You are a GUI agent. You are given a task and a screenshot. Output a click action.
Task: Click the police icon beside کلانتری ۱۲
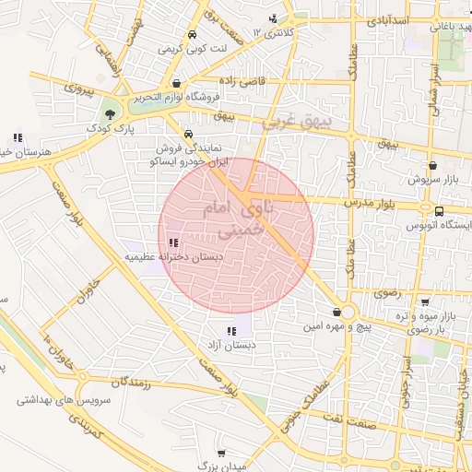(x=272, y=18)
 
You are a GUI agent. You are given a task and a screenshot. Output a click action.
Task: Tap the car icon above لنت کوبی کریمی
(x=191, y=36)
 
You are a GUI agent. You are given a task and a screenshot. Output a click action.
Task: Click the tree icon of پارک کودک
(x=112, y=114)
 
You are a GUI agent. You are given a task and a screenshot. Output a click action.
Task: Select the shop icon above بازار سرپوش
(x=432, y=166)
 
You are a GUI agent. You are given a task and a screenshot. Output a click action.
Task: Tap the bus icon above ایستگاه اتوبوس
(x=439, y=211)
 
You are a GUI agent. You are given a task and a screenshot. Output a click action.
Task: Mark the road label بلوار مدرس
(x=375, y=200)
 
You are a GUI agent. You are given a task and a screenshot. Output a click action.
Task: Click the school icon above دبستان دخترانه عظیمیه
(x=173, y=242)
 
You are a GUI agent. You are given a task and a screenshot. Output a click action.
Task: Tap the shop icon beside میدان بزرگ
(x=222, y=453)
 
